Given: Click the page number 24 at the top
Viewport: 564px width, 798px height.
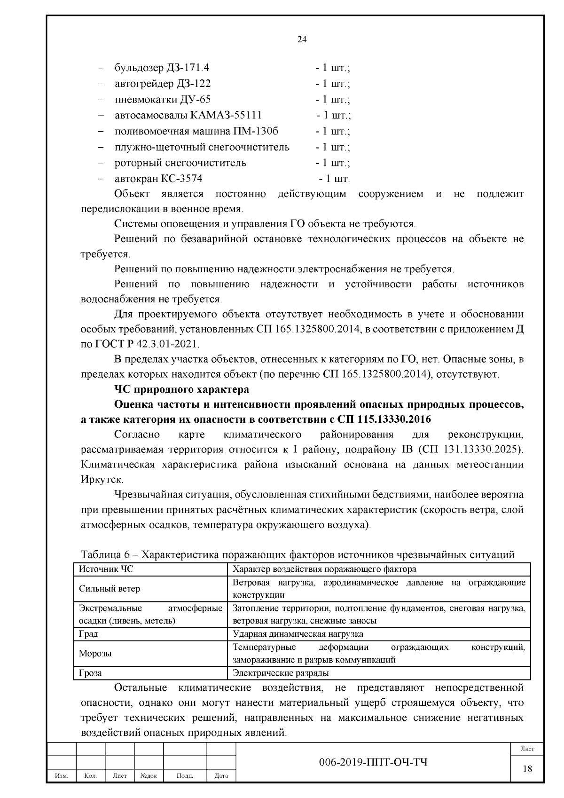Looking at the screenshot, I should pyautogui.click(x=302, y=40).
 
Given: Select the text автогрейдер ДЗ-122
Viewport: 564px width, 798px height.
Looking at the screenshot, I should pyautogui.click(x=163, y=84).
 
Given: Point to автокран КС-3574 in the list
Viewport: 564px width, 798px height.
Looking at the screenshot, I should pyautogui.click(x=158, y=179).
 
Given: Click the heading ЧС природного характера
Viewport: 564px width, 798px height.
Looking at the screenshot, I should pyautogui.click(x=181, y=389).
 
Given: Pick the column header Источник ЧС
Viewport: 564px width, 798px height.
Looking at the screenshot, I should pyautogui.click(x=106, y=569).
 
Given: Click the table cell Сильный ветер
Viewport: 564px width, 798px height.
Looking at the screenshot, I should pyautogui.click(x=109, y=589).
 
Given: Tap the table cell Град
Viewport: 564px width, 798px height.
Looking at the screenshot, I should pyautogui.click(x=88, y=634).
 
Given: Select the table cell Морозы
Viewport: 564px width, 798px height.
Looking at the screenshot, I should pyautogui.click(x=95, y=653).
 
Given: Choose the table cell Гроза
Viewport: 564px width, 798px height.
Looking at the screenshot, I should pyautogui.click(x=90, y=673).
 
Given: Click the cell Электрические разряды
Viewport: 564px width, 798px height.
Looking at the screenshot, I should pyautogui.click(x=281, y=673).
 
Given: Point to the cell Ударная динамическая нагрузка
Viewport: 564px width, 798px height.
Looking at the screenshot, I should pyautogui.click(x=298, y=634).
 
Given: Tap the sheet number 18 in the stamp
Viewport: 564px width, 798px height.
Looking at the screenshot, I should pyautogui.click(x=527, y=768).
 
